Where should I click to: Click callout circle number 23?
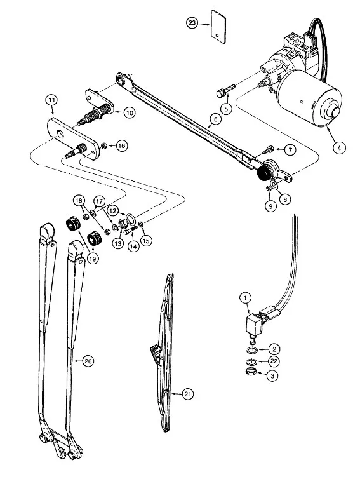(x=192, y=24)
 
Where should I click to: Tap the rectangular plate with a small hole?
(x=219, y=26)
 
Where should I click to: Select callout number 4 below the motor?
(x=339, y=147)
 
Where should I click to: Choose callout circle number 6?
(x=216, y=119)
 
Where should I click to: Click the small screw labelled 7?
(x=267, y=150)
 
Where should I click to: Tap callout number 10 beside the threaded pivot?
(x=130, y=112)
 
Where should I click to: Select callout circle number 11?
(x=52, y=100)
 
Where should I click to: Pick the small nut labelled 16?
(x=103, y=145)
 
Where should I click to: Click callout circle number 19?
(x=93, y=258)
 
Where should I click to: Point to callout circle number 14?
(x=133, y=246)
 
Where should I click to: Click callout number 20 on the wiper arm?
(x=88, y=361)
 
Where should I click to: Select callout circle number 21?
(x=188, y=394)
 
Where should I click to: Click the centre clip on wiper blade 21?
(x=156, y=352)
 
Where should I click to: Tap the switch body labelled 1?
(x=254, y=325)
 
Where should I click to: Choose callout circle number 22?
(x=273, y=361)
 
